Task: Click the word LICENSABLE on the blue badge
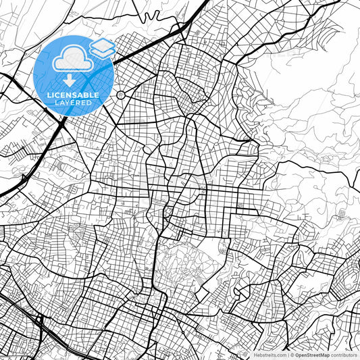click(73, 95)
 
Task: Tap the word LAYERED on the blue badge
click(74, 103)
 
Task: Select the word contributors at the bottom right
click(345, 355)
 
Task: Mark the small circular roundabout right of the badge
click(121, 95)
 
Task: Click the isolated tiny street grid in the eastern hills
click(342, 214)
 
